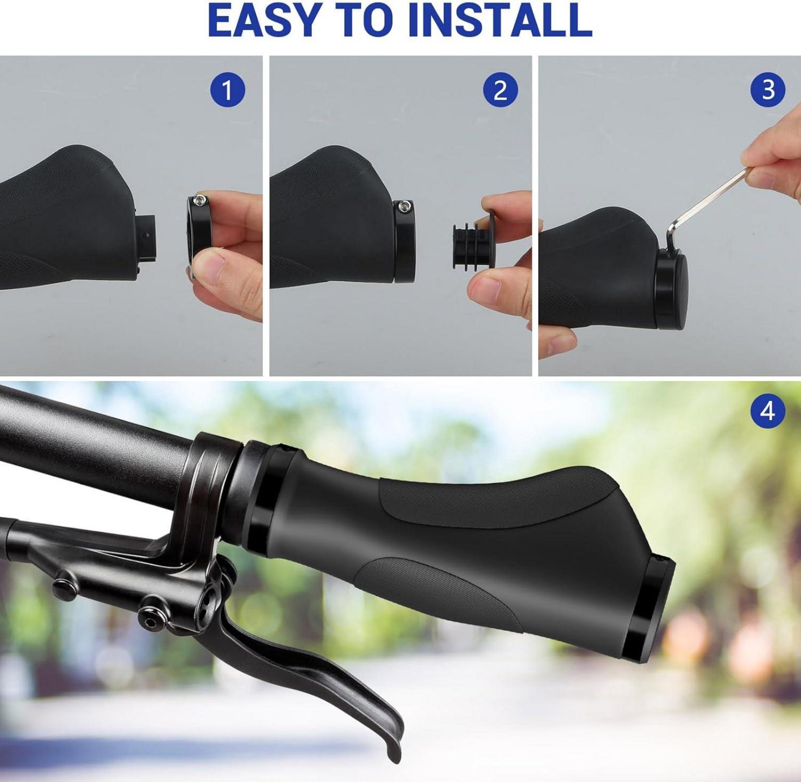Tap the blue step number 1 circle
(228, 90)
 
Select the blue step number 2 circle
(500, 90)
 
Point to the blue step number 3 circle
(768, 90)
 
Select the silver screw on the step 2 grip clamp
(404, 206)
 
